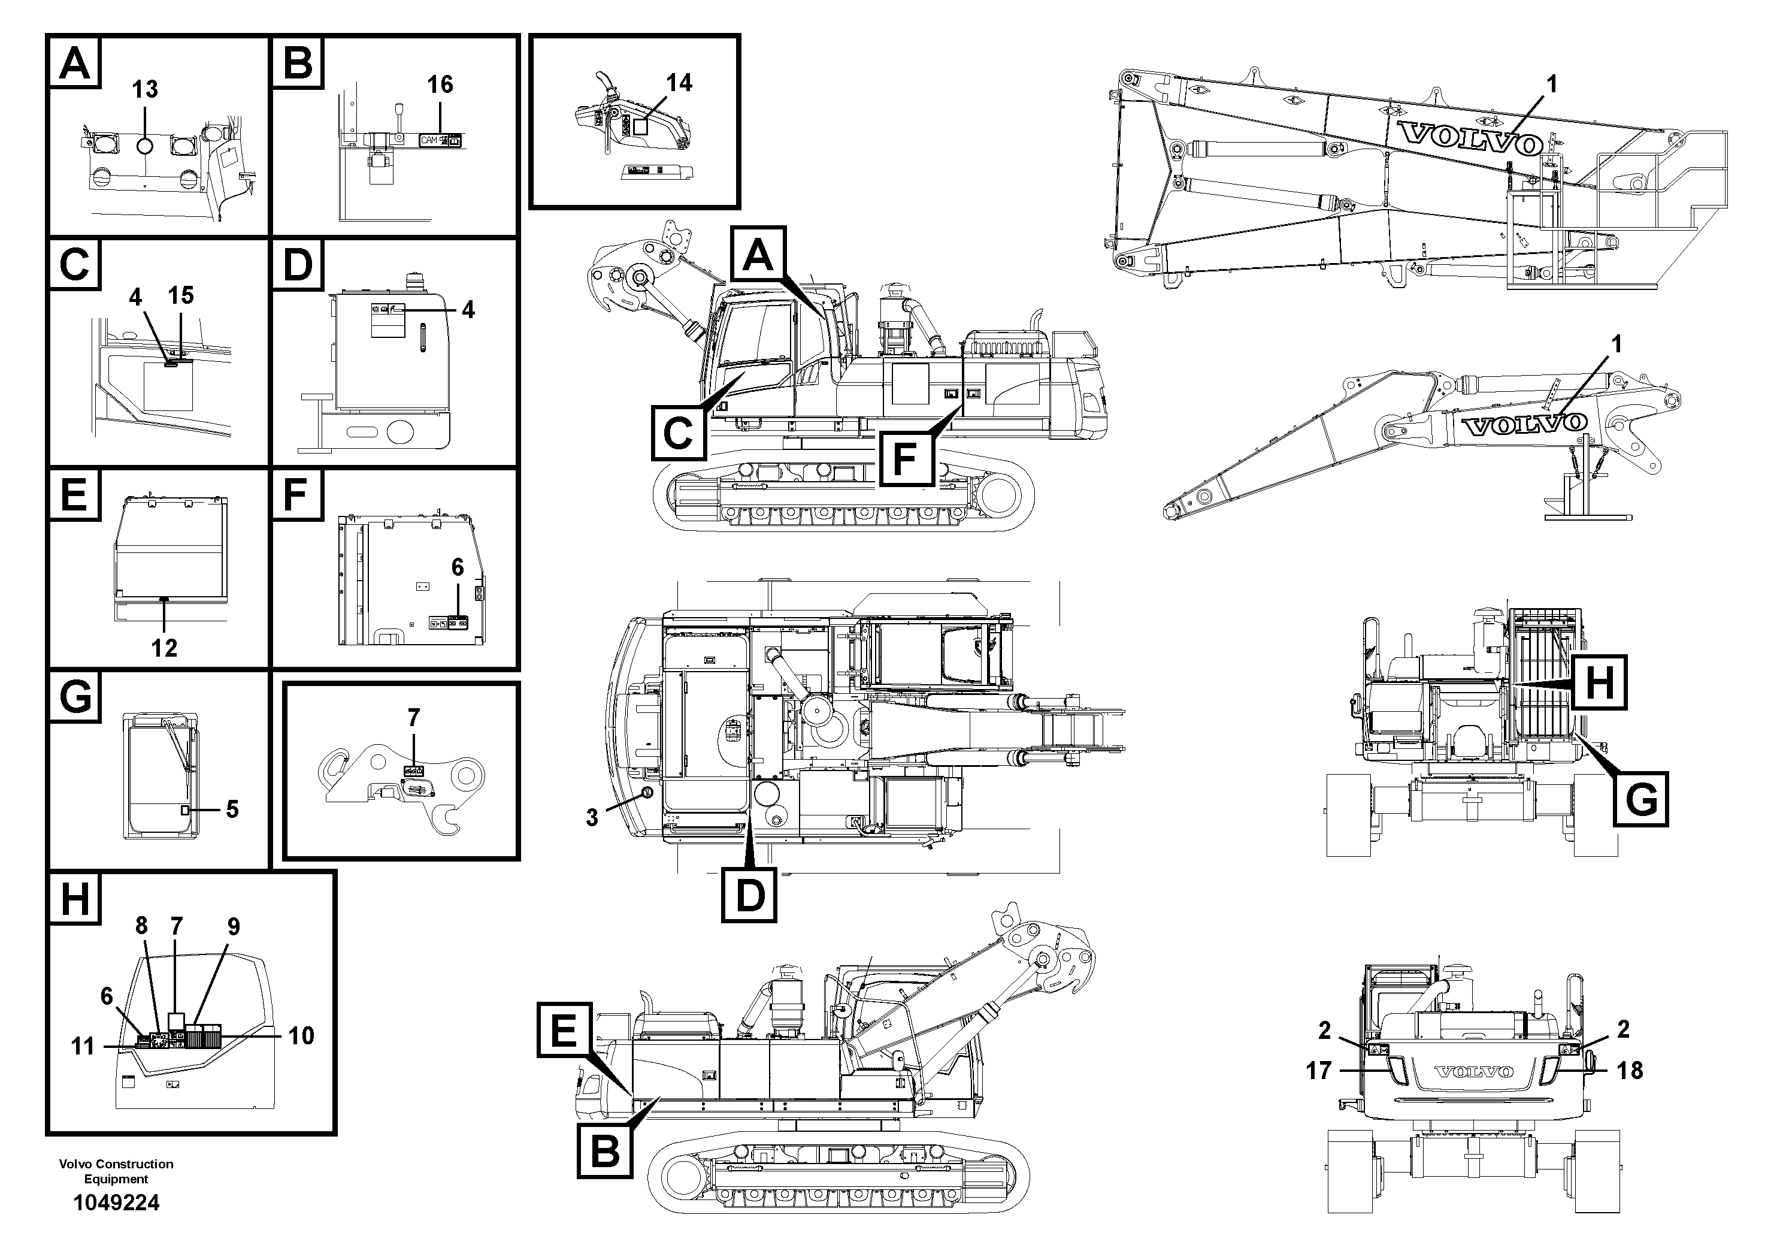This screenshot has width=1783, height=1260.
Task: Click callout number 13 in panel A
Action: pyautogui.click(x=144, y=89)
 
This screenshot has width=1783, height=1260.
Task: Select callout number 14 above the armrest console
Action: pyautogui.click(x=679, y=83)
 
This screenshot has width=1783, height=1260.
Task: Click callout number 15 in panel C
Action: pyautogui.click(x=181, y=295)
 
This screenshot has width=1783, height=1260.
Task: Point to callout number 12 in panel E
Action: pyautogui.click(x=164, y=647)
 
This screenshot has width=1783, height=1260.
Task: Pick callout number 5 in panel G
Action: pyautogui.click(x=232, y=809)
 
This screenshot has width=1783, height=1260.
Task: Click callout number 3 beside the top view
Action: pyautogui.click(x=592, y=817)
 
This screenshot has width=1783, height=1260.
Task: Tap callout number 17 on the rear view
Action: pyautogui.click(x=1319, y=1071)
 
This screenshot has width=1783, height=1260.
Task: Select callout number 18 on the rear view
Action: pyautogui.click(x=1630, y=1071)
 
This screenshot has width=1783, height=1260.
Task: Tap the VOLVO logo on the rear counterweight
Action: pyautogui.click(x=1474, y=1072)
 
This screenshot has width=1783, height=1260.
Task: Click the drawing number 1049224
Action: pyautogui.click(x=116, y=1202)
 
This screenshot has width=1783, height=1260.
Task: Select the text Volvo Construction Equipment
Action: pyautogui.click(x=116, y=1171)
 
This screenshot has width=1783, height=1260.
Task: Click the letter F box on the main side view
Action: pyautogui.click(x=906, y=458)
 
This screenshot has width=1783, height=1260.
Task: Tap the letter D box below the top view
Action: pyautogui.click(x=749, y=896)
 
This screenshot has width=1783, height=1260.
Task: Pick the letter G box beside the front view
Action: pyautogui.click(x=1641, y=799)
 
